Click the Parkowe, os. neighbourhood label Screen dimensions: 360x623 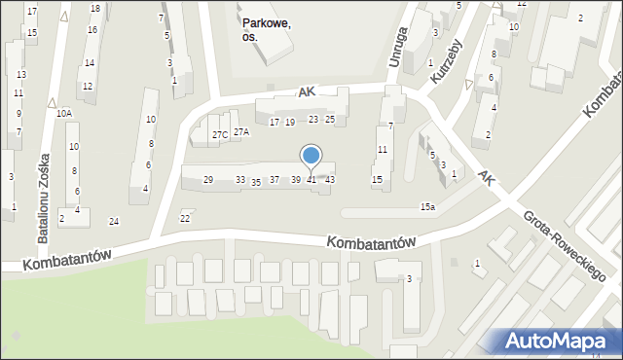[x=265, y=30]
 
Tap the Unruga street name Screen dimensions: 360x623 [x=396, y=50]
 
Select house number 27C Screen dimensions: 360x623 [x=220, y=134]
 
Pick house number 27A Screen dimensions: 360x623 [x=241, y=131]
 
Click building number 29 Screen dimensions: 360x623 [x=208, y=180]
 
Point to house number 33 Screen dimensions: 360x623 [x=240, y=180]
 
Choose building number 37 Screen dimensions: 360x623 [x=275, y=180]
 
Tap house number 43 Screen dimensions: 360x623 [x=330, y=180]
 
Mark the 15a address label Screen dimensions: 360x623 [x=427, y=206]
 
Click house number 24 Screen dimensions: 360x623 [x=114, y=222]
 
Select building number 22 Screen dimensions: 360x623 [x=185, y=217]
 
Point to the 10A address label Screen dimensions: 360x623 [x=64, y=114]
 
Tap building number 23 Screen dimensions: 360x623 [x=313, y=119]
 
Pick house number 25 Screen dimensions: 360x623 [x=330, y=119]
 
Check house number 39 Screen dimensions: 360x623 [x=296, y=180]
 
